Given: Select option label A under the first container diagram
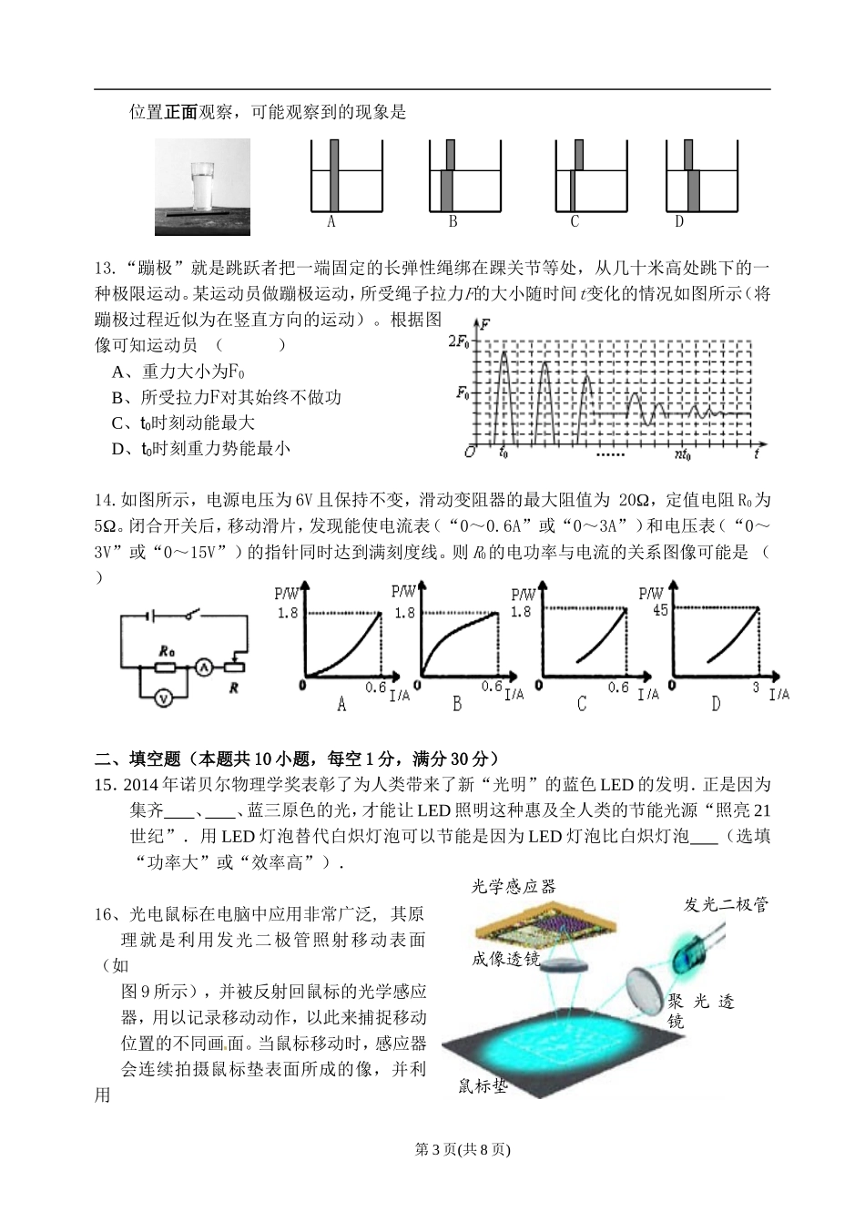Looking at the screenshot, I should pos(332,221).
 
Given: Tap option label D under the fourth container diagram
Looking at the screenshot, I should pos(679,221).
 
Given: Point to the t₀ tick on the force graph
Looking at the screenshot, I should pos(504,452).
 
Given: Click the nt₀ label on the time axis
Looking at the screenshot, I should pos(682,453).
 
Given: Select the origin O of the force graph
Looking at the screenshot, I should pos(469,452).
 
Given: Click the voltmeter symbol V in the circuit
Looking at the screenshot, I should pos(163,698).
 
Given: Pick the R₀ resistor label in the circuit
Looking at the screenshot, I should pos(165,650).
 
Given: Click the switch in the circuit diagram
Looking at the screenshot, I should pos(192,616).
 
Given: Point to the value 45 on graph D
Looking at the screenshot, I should pos(659,609).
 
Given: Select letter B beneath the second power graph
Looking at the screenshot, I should pos(457,704).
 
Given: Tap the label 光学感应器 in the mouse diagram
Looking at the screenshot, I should pos(513,887).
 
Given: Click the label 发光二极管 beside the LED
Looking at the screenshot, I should pos(727,904).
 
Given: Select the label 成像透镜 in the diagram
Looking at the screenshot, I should pos(506,959).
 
